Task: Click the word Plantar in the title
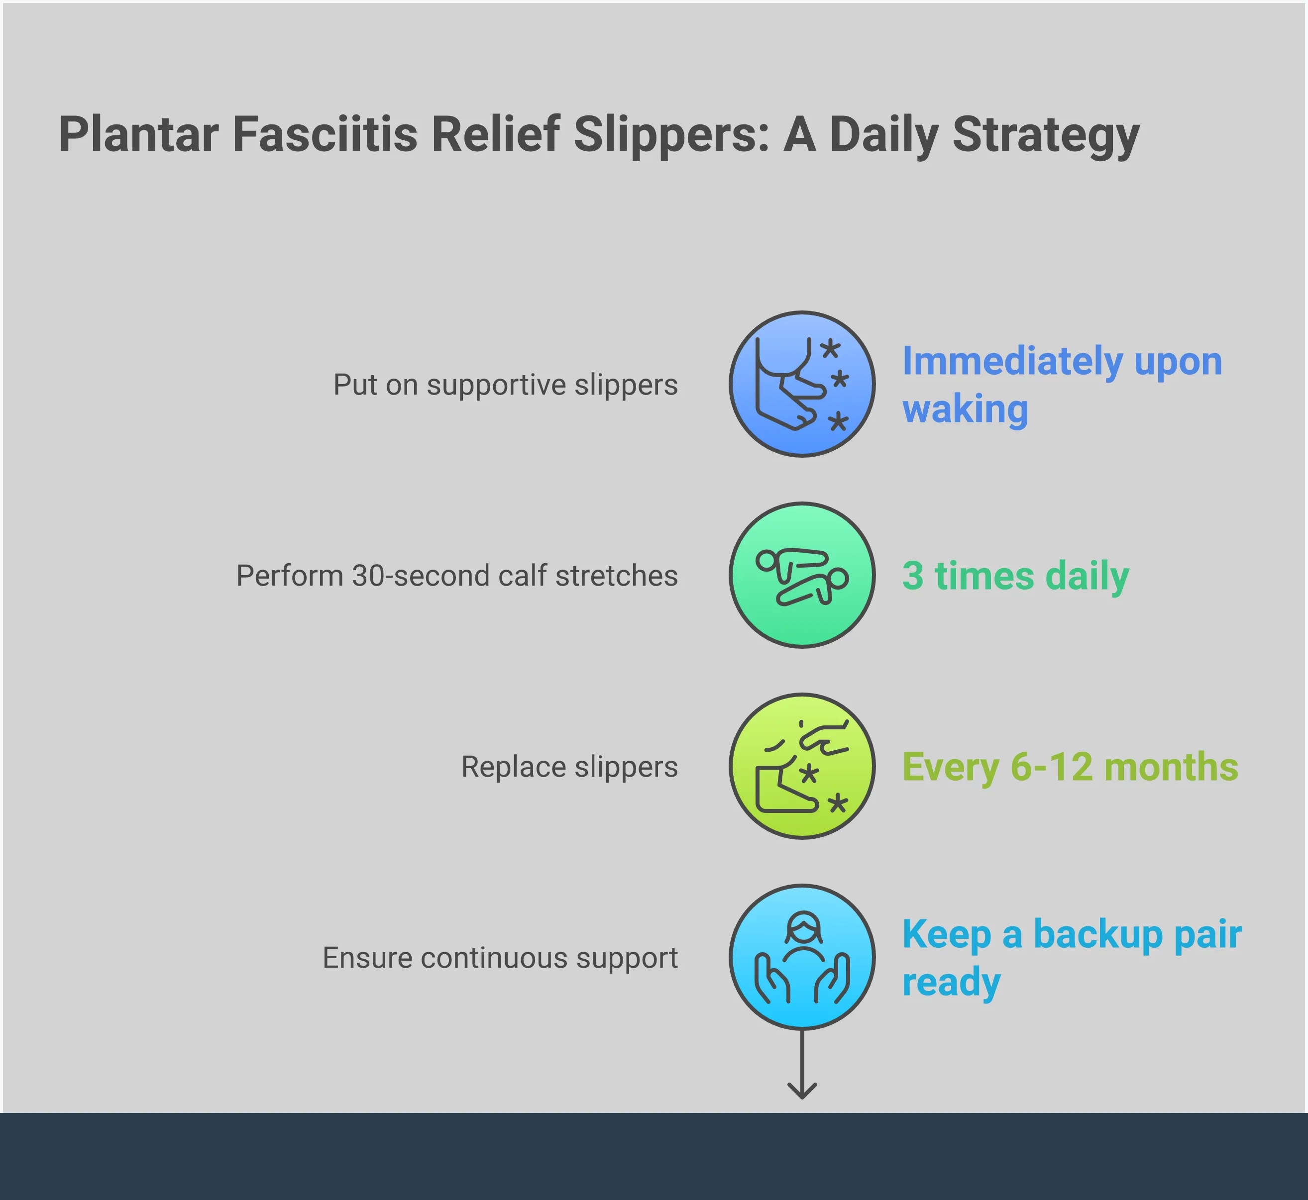click(138, 134)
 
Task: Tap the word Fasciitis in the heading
click(325, 134)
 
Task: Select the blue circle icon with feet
click(802, 384)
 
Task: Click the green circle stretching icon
click(802, 575)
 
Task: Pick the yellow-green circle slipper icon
click(802, 766)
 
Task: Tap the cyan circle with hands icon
click(802, 957)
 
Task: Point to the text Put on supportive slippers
click(505, 385)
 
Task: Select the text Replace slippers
click(569, 767)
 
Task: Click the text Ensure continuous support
click(500, 958)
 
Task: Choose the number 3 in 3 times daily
click(912, 576)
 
